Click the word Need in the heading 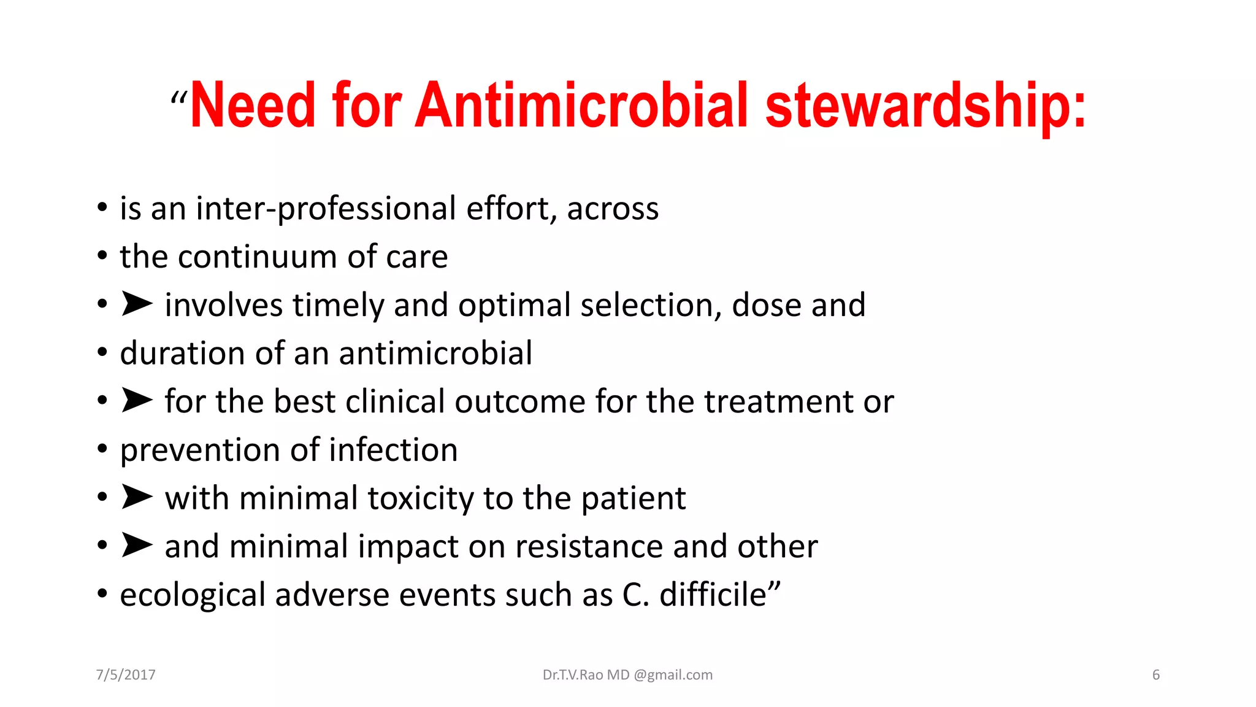[x=253, y=106]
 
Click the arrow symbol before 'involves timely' [x=137, y=304]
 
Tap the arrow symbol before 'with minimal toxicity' [x=137, y=496]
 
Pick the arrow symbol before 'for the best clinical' [x=137, y=400]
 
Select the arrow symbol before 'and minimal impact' [x=137, y=544]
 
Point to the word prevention [x=200, y=450]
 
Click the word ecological [x=193, y=595]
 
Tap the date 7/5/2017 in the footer [x=126, y=675]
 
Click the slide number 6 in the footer [x=1156, y=675]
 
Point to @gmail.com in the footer [x=673, y=675]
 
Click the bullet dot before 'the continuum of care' [x=102, y=256]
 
